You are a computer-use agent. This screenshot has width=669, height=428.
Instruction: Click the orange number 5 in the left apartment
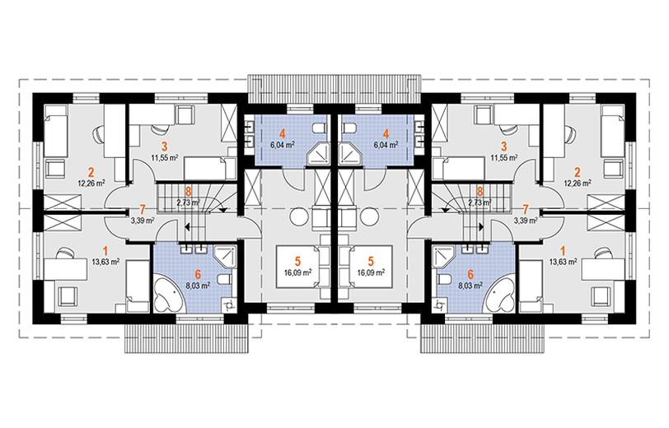pos(297,260)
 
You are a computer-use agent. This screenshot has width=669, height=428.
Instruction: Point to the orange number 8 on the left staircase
pos(188,192)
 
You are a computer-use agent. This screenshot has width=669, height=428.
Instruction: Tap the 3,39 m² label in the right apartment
pos(524,221)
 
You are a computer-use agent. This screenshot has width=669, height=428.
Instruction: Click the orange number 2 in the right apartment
pos(578,173)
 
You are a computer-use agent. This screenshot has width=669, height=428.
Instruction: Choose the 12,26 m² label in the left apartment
pos(91,184)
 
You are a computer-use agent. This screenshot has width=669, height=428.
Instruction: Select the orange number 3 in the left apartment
pos(164,147)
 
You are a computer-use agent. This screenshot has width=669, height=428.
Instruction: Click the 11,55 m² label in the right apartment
pos(505,157)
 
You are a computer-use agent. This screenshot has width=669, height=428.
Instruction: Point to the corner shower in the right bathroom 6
pos(444,257)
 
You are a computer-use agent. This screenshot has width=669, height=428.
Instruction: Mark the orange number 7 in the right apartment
pos(525,209)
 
